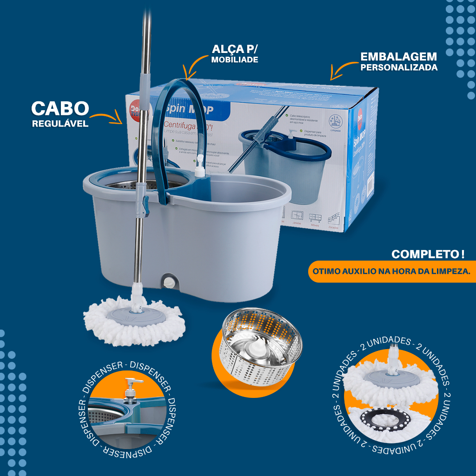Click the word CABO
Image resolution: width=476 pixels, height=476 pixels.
point(60,108)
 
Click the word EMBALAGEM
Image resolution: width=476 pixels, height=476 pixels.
point(398,57)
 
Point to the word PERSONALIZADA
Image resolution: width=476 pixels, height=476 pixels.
point(398,67)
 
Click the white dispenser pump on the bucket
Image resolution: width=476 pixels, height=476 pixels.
point(199,166)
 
